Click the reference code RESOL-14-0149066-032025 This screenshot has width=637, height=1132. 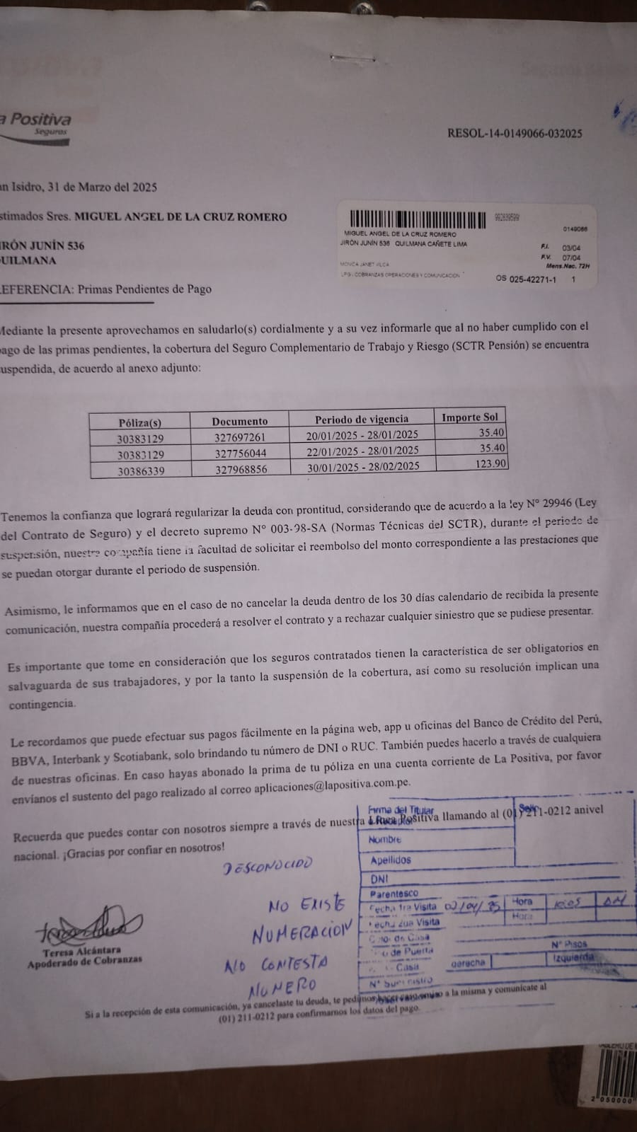coord(515,133)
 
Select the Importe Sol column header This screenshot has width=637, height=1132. coord(470,417)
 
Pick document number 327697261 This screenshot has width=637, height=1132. coord(240,437)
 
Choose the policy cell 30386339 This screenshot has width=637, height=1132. coord(140,470)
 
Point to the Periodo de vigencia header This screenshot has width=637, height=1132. coord(362,419)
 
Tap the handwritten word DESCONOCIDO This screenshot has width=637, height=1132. coord(267,865)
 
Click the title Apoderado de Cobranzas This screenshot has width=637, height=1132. coord(84,960)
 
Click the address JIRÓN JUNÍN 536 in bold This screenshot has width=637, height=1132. coord(44,246)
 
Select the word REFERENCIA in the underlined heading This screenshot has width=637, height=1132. coord(35,289)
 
